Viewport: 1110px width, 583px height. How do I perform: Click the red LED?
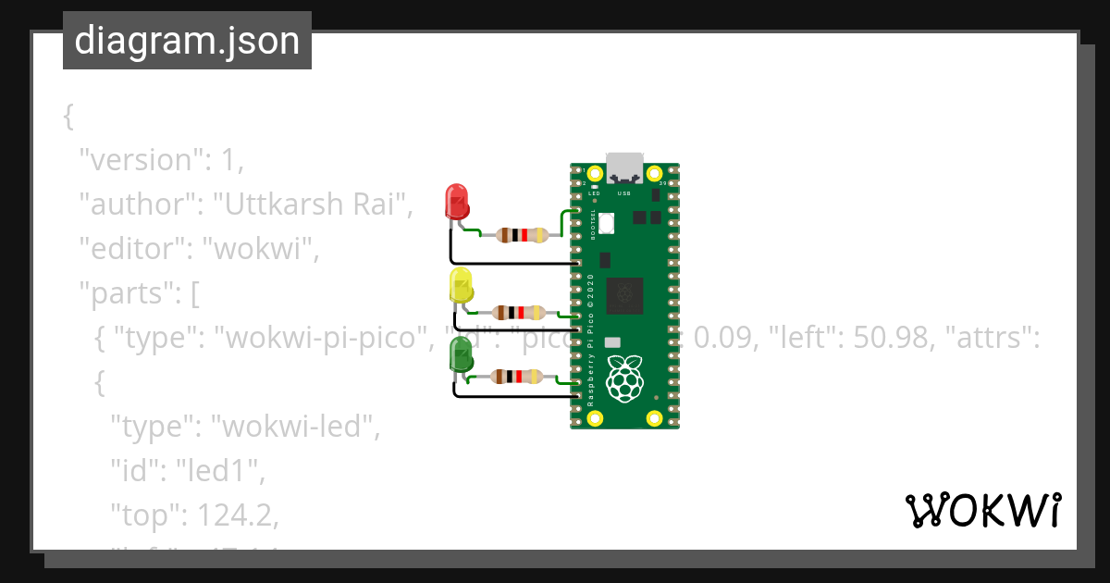457,202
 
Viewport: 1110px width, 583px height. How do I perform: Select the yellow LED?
460,285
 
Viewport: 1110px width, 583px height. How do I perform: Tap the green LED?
460,355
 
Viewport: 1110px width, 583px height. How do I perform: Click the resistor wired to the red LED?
518,234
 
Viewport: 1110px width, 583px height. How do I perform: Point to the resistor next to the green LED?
518,376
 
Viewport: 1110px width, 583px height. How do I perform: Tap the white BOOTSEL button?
607,223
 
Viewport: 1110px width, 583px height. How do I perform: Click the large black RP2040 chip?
624,295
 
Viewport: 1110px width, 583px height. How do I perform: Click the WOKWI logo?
981,510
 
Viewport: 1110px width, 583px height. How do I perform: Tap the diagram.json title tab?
187,41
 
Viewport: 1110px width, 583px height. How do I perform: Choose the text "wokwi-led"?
295,427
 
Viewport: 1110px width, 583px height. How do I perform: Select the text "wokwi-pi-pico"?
317,339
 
